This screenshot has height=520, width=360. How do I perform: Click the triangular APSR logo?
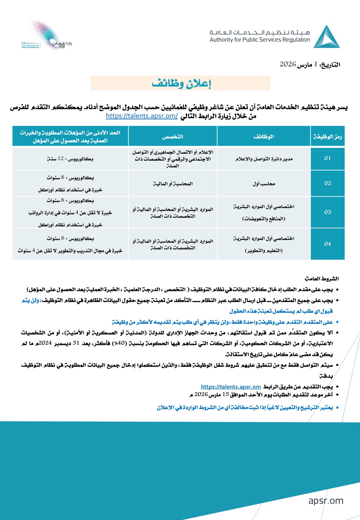click(326, 37)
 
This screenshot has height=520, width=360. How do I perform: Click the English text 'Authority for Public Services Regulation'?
click(260, 40)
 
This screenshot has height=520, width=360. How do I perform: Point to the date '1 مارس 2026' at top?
click(310, 64)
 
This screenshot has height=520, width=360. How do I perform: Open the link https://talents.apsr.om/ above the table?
click(142, 116)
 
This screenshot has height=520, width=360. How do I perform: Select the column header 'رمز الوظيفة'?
click(327, 137)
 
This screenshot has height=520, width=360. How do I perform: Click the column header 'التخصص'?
click(173, 137)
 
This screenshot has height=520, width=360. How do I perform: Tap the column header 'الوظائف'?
click(264, 137)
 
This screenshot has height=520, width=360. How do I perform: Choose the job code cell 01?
click(328, 158)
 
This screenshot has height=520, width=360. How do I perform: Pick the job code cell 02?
click(328, 183)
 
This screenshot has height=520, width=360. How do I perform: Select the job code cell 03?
click(328, 212)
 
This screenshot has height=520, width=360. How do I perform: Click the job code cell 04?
click(328, 244)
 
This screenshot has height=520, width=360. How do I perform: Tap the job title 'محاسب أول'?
click(264, 184)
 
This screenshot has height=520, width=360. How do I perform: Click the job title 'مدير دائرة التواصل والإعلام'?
click(264, 159)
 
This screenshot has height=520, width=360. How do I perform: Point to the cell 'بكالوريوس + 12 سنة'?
click(70, 159)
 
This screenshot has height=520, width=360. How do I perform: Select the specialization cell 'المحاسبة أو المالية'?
click(173, 184)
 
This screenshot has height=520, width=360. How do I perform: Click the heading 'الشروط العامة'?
click(322, 279)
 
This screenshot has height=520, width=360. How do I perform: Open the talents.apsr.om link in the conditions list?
click(231, 387)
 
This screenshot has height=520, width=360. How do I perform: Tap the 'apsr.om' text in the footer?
click(326, 501)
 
